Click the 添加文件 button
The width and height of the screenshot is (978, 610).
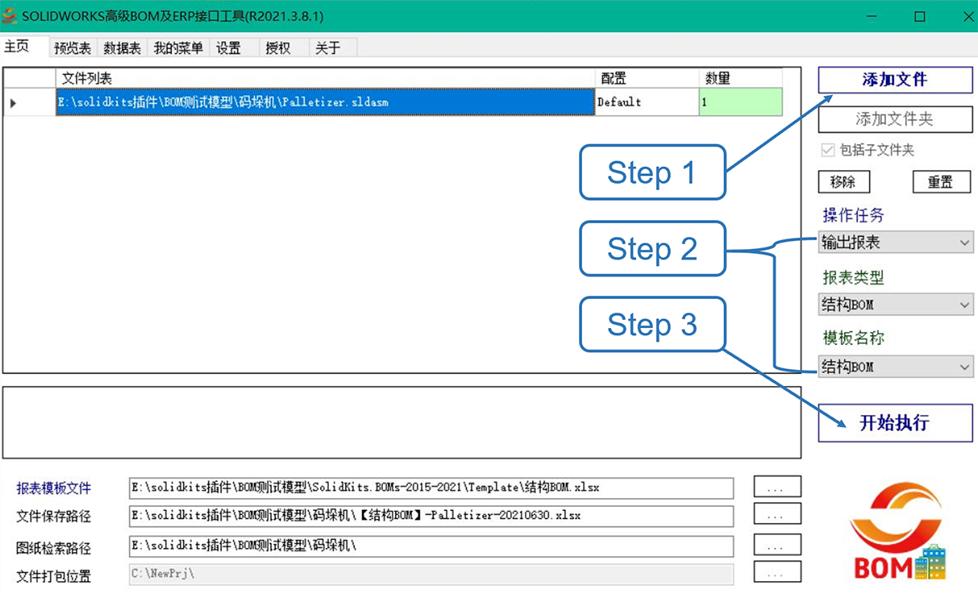tap(895, 80)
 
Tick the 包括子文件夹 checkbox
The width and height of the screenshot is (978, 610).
tap(827, 150)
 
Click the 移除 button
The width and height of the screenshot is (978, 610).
tap(844, 181)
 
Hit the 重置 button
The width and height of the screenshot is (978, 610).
tap(942, 181)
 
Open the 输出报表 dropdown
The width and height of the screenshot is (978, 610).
tap(896, 243)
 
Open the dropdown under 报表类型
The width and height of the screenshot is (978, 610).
tap(896, 304)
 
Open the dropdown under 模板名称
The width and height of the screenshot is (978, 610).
tap(896, 367)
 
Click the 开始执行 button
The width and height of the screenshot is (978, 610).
tap(895, 423)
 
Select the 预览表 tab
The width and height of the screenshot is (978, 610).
tap(73, 48)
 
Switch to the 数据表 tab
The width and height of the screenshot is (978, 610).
tap(123, 48)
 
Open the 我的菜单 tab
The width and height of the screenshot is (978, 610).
tap(178, 48)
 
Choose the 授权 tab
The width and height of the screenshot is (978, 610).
tap(278, 48)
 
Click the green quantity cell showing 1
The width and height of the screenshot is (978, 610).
tap(740, 102)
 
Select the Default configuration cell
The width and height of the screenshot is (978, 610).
tap(647, 102)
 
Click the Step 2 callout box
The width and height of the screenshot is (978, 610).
tap(652, 249)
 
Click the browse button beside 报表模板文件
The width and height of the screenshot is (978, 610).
tap(777, 487)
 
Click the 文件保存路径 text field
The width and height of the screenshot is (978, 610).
tap(431, 516)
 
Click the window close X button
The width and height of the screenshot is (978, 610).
tap(968, 17)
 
